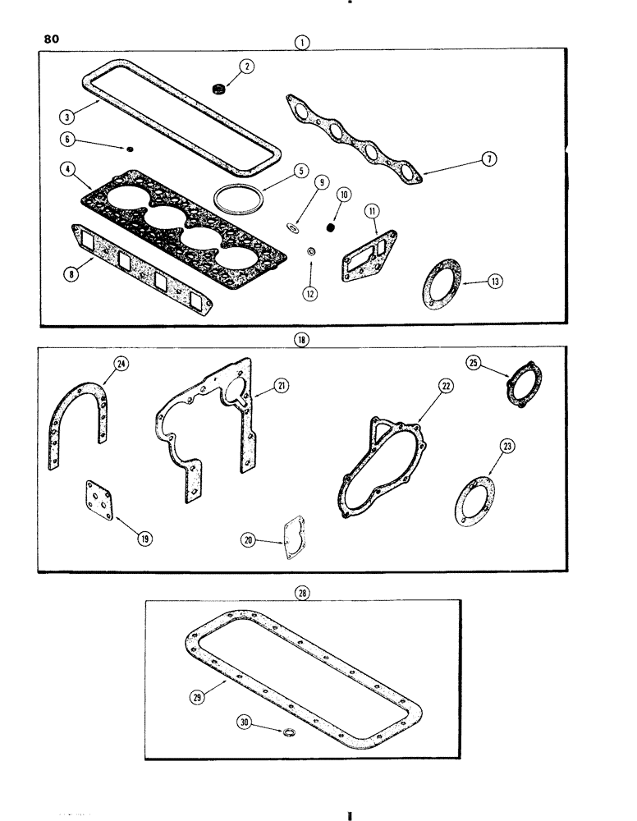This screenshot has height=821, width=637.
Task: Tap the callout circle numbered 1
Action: coord(305,39)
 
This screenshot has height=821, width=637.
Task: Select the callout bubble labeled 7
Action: coord(489,159)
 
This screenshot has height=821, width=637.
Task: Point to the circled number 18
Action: coord(303,337)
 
